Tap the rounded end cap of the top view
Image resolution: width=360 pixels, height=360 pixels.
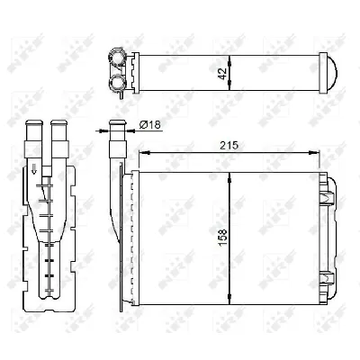pyautogui.click(x=329, y=70)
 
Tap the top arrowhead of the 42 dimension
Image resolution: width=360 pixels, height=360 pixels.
pyautogui.click(x=231, y=57)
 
